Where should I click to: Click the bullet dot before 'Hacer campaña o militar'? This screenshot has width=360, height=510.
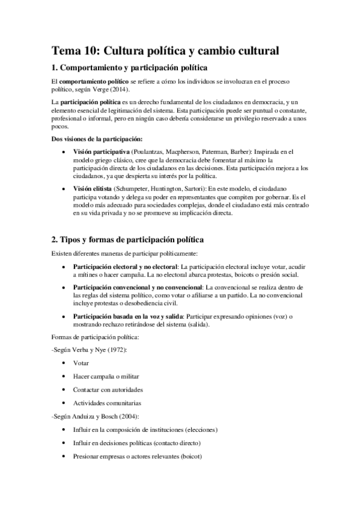click(x=64, y=376)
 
